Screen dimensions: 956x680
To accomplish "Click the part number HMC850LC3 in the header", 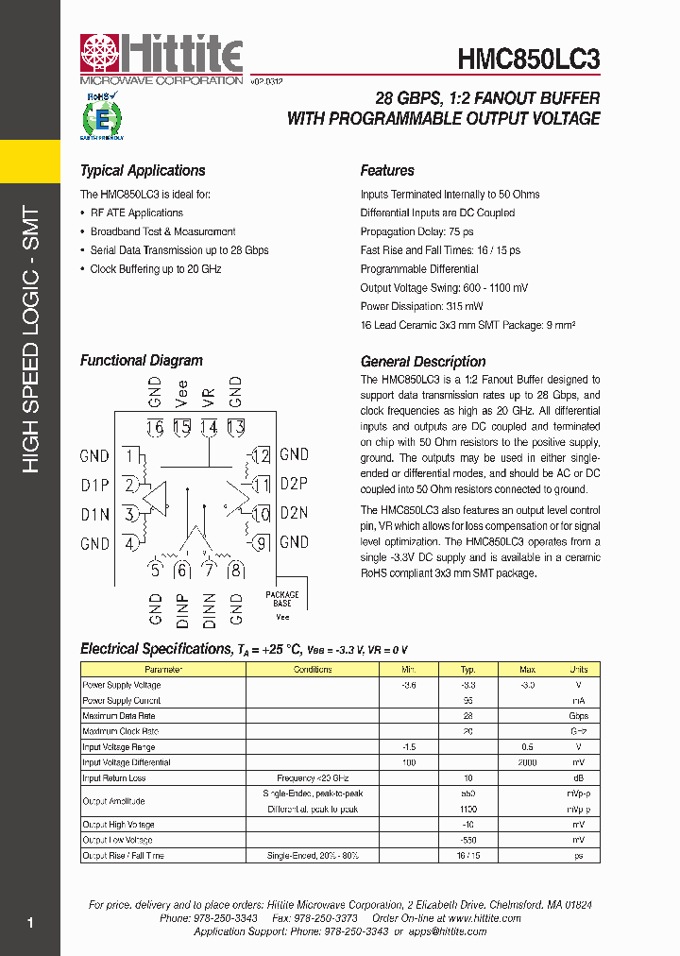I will (529, 60).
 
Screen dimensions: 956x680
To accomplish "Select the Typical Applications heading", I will (143, 171).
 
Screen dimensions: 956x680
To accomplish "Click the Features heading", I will (387, 171).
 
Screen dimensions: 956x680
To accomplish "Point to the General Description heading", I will (423, 362).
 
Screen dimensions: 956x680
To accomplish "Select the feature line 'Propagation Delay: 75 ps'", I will (417, 231).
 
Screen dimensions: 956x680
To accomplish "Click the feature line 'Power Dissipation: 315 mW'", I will (421, 306).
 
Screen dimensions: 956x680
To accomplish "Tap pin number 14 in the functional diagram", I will (209, 427).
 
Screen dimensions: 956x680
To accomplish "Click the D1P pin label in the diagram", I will (95, 486).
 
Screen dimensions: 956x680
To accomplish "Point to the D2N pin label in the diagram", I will (295, 514).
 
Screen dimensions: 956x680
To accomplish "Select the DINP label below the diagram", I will (183, 611).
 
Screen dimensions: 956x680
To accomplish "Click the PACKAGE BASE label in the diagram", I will (281, 599).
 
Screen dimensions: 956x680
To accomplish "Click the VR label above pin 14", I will (209, 391).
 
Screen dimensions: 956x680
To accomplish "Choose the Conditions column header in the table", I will (313, 669).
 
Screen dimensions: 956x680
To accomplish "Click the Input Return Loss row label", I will (113, 778).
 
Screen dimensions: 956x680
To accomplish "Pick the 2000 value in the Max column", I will (527, 762).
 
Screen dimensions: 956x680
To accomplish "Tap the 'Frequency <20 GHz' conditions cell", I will (313, 778).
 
